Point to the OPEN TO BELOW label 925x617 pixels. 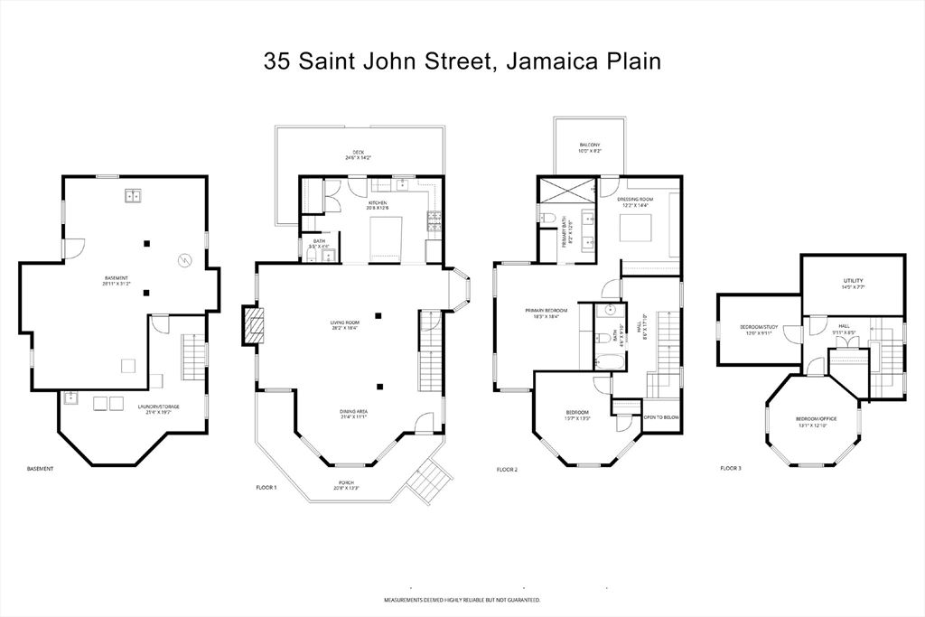tap(661, 417)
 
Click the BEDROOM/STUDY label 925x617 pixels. tap(759, 329)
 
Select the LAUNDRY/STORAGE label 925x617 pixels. tap(159, 408)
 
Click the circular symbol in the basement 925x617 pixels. tap(185, 260)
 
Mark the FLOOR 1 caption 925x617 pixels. tap(266, 487)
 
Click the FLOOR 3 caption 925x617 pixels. tap(730, 469)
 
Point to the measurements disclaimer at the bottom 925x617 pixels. tap(462, 600)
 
